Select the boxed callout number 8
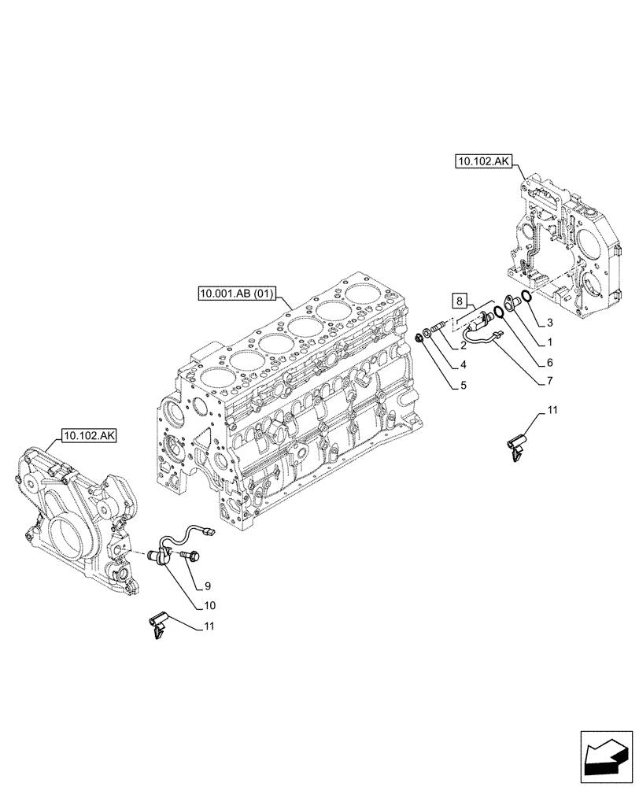[x=460, y=299]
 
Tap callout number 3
[x=552, y=323]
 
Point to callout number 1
[x=549, y=343]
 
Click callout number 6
[x=549, y=362]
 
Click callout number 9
[x=207, y=586]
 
